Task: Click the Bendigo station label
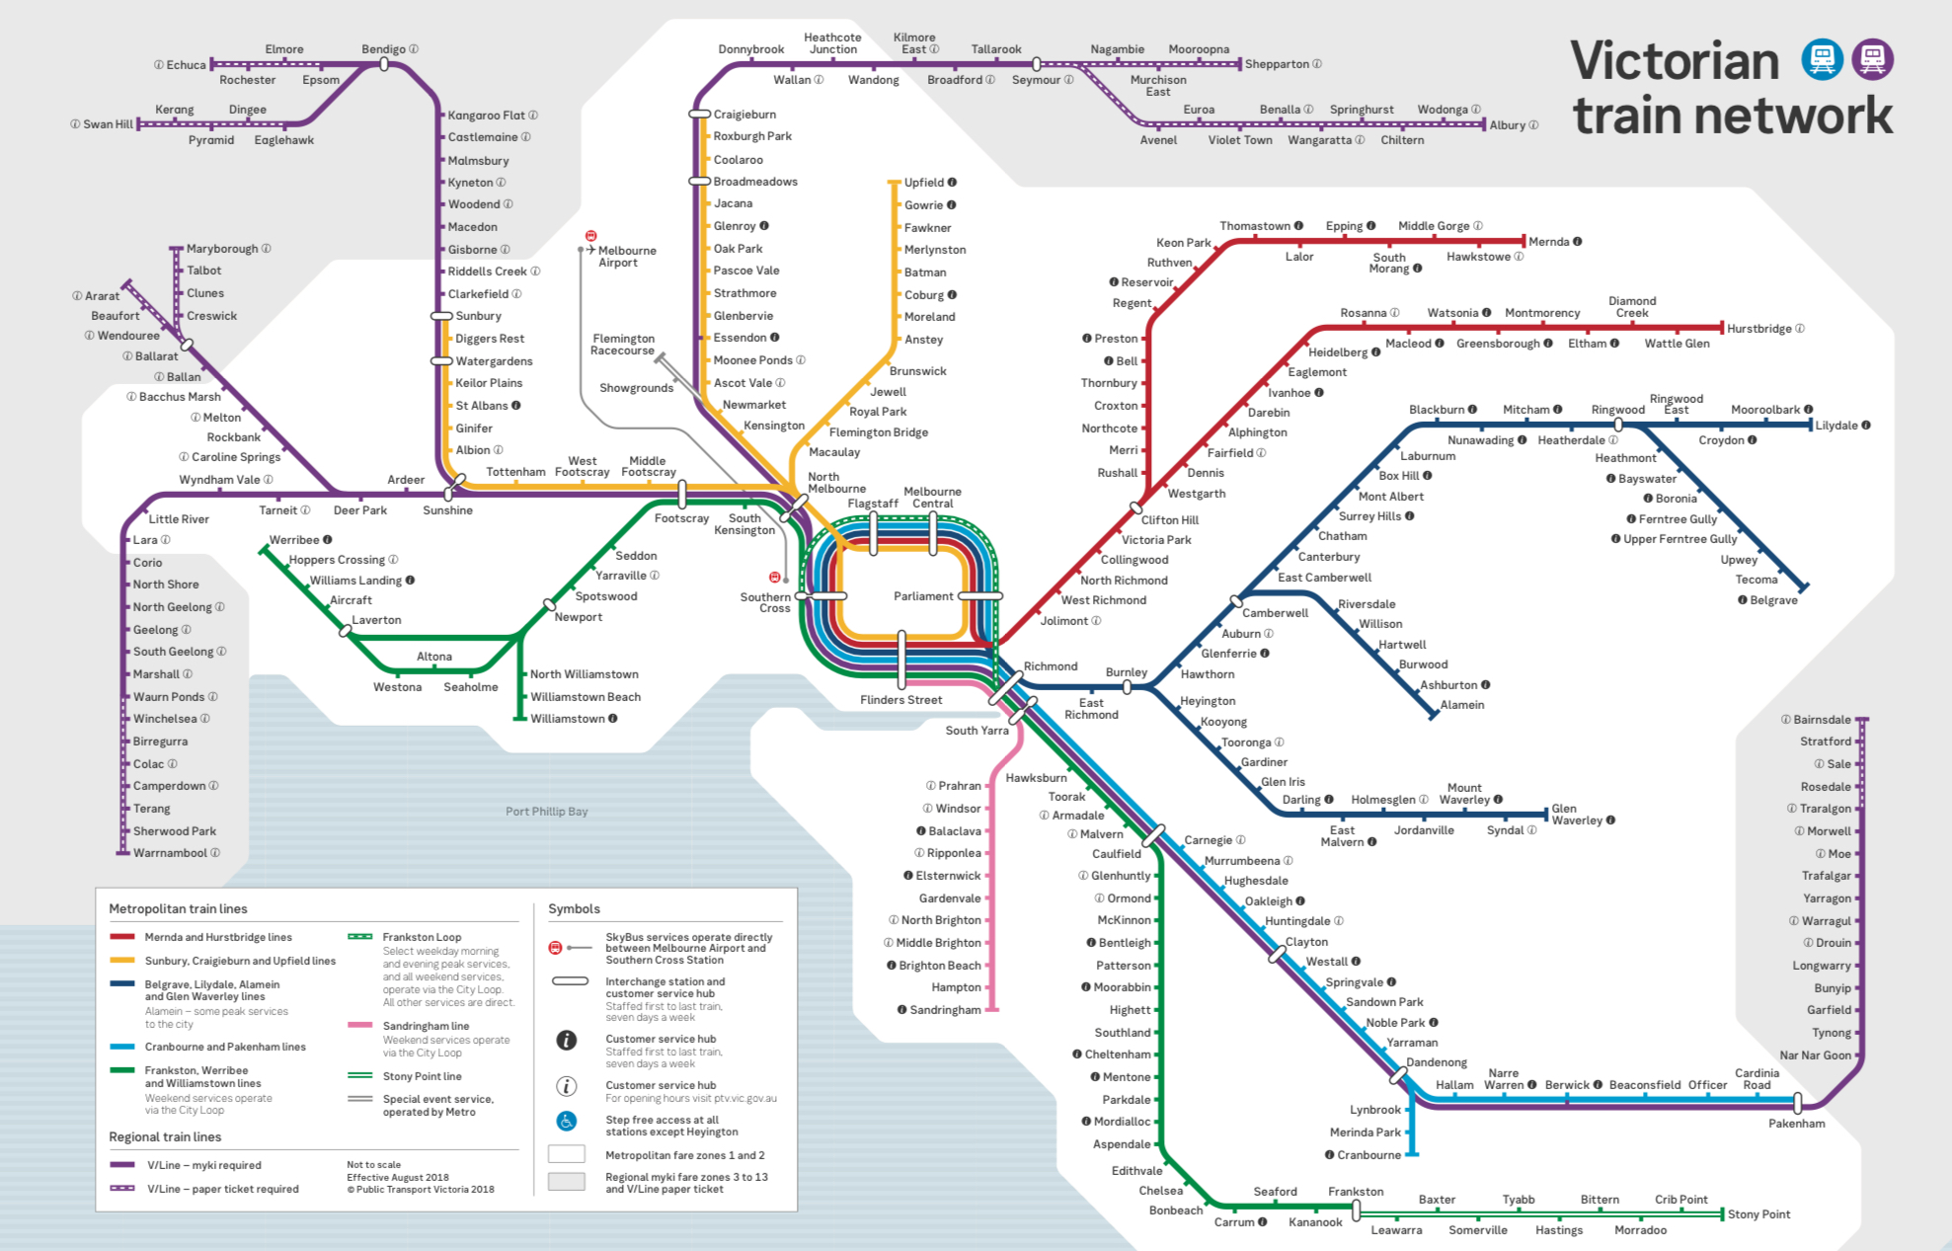pyautogui.click(x=383, y=49)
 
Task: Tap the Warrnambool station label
pyautogui.click(x=170, y=853)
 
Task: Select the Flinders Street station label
pyautogui.click(x=900, y=700)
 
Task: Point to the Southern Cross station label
pyautogui.click(x=765, y=602)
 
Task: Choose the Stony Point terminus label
pyautogui.click(x=1758, y=1214)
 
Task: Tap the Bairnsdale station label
pyautogui.click(x=1822, y=720)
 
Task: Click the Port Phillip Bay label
pyautogui.click(x=546, y=812)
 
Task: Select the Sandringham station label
pyautogui.click(x=945, y=1010)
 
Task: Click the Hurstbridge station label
pyautogui.click(x=1758, y=329)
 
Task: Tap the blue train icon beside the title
pyautogui.click(x=1822, y=59)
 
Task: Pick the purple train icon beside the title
pyautogui.click(x=1872, y=59)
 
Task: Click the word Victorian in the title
pyautogui.click(x=1675, y=61)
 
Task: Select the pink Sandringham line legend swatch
pyautogui.click(x=359, y=1025)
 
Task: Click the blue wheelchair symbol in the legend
pyautogui.click(x=566, y=1121)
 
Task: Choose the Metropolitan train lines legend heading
pyautogui.click(x=178, y=908)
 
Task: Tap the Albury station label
pyautogui.click(x=1507, y=125)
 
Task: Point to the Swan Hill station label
pyautogui.click(x=108, y=124)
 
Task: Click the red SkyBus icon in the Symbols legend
pyautogui.click(x=555, y=948)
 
